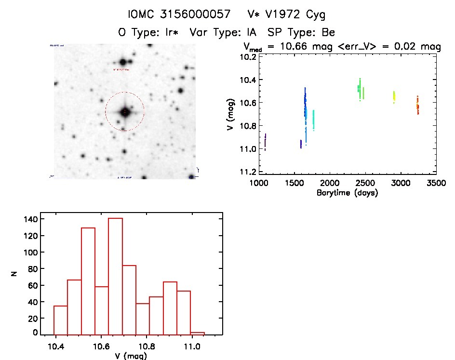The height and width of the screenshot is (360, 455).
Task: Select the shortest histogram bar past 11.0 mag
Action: pyautogui.click(x=198, y=333)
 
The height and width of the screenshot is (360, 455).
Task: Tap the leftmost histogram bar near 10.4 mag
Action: pyautogui.click(x=60, y=319)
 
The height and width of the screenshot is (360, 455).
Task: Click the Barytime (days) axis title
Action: pyautogui.click(x=347, y=193)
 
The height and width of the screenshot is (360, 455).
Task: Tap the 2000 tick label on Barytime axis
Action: pyautogui.click(x=330, y=183)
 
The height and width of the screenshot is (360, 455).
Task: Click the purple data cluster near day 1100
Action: pyautogui.click(x=265, y=142)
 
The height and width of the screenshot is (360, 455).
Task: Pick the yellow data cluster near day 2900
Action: pyautogui.click(x=394, y=96)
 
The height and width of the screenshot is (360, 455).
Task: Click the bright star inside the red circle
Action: pyautogui.click(x=125, y=112)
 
